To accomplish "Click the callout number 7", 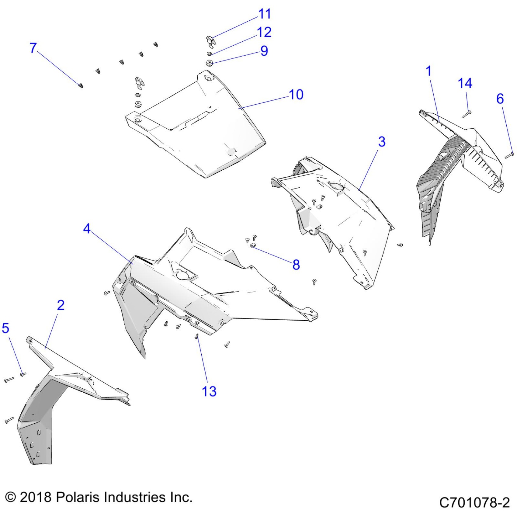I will [x=33, y=48].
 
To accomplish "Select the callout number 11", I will [x=264, y=14].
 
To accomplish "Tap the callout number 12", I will [x=264, y=33].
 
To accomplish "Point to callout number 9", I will [x=264, y=51].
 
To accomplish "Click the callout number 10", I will [x=296, y=95].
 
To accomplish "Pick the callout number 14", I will [x=465, y=83].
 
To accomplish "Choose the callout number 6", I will [x=500, y=99].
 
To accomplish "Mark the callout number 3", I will [x=382, y=142].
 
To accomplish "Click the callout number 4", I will [x=87, y=229].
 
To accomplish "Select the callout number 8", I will [x=296, y=265].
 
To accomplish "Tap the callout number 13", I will [x=209, y=391].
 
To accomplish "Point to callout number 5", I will [x=5, y=328].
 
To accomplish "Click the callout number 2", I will [x=61, y=305].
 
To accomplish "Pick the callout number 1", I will [x=429, y=71].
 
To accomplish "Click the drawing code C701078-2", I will [x=474, y=502].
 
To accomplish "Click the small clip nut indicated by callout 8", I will [x=252, y=245].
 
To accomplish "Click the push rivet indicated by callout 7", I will [x=81, y=86].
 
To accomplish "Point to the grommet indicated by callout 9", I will [x=209, y=64].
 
